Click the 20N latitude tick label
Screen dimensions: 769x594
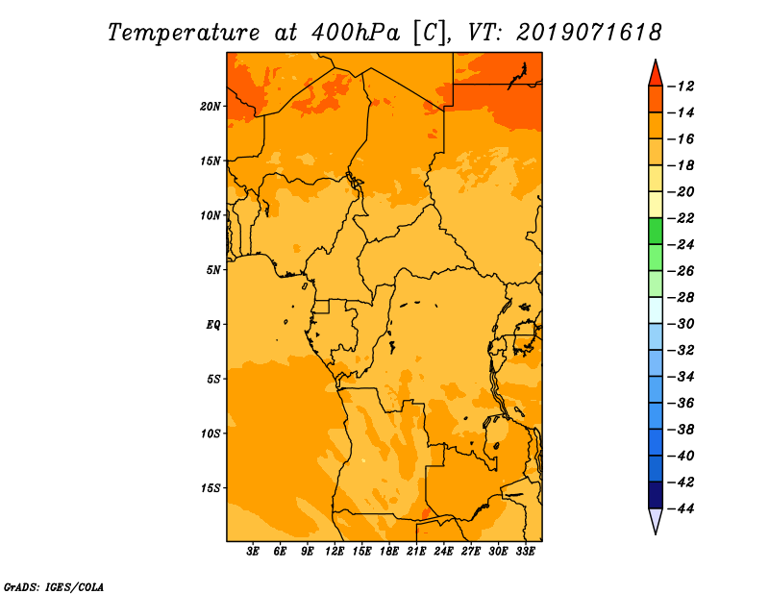pos(211,107)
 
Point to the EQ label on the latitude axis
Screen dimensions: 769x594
pos(213,325)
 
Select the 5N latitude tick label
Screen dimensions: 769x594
pos(213,270)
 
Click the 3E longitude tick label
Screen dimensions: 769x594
pos(253,552)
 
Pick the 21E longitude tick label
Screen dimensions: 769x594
pos(416,552)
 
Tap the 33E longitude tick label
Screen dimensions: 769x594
pos(525,552)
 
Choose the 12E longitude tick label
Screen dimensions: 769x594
pos(334,552)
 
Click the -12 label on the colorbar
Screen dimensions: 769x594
pos(681,87)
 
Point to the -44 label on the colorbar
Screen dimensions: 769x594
pos(681,508)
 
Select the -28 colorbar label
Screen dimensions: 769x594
pos(681,298)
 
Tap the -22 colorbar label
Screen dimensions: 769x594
pos(681,218)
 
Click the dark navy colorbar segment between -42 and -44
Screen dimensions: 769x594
pos(656,495)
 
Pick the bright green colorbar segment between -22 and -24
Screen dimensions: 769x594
pos(656,231)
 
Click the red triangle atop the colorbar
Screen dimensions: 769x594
pos(656,75)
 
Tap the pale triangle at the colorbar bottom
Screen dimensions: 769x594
pos(656,520)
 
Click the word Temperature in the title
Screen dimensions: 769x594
pos(184,33)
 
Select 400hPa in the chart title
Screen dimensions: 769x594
pos(356,33)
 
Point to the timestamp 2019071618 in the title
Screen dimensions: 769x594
pos(589,33)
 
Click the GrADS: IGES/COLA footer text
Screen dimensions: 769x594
pos(54,587)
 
